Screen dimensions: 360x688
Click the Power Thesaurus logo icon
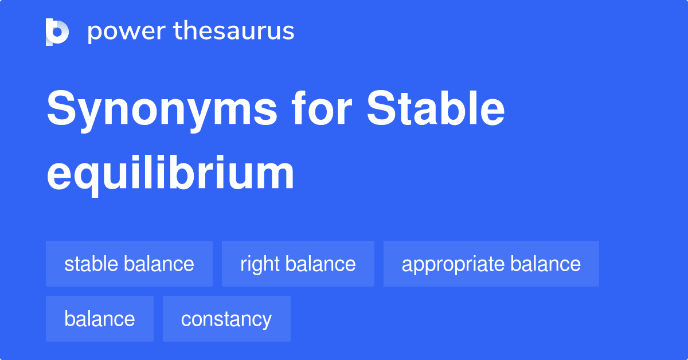(57, 32)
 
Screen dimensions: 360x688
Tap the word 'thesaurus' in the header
(234, 32)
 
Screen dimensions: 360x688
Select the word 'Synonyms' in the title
(162, 111)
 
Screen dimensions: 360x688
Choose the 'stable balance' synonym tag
(129, 264)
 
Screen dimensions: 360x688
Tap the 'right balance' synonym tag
(298, 264)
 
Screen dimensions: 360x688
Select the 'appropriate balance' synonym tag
(491, 264)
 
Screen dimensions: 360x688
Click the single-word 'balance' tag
(99, 319)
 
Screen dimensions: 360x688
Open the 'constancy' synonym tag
(226, 319)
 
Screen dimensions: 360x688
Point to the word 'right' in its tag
(259, 264)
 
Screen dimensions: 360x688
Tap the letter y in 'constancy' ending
(267, 321)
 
